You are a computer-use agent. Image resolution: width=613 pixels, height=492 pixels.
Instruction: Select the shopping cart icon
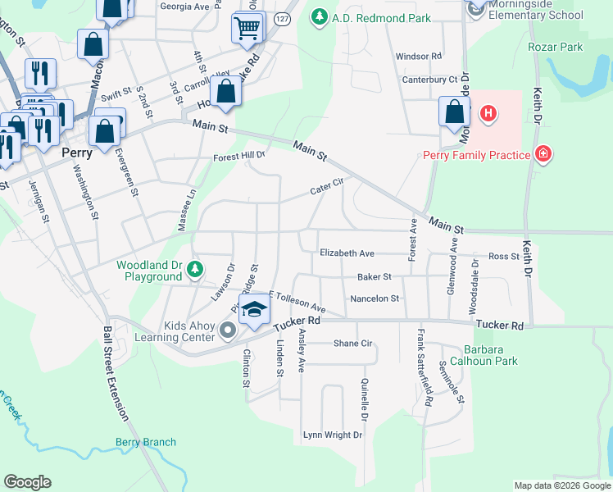pyautogui.click(x=247, y=30)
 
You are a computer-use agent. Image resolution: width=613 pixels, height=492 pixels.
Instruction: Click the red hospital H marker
pyautogui.click(x=488, y=112)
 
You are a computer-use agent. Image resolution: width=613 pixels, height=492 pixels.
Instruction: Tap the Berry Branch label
pyautogui.click(x=145, y=442)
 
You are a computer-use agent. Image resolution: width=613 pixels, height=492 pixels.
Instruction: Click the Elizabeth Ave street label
pyautogui.click(x=347, y=253)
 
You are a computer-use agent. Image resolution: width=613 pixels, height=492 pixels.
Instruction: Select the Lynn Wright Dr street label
pyautogui.click(x=332, y=435)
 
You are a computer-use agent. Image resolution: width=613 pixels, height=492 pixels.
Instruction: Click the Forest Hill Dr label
pyautogui.click(x=239, y=155)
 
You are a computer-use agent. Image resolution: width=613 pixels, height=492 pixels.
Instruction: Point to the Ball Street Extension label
pyautogui.click(x=115, y=373)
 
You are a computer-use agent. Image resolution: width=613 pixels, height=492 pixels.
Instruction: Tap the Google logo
pyautogui.click(x=27, y=482)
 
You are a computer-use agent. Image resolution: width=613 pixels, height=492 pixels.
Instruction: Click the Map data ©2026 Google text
pyautogui.click(x=561, y=485)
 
